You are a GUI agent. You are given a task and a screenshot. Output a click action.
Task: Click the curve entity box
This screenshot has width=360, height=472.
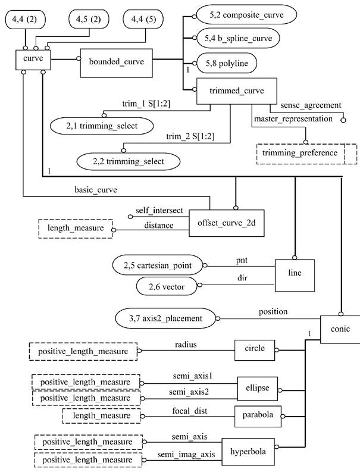(33, 60)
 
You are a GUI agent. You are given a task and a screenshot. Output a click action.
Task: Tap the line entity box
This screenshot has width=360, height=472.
(294, 273)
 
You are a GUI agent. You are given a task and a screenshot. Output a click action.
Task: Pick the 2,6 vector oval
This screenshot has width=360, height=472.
(170, 287)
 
